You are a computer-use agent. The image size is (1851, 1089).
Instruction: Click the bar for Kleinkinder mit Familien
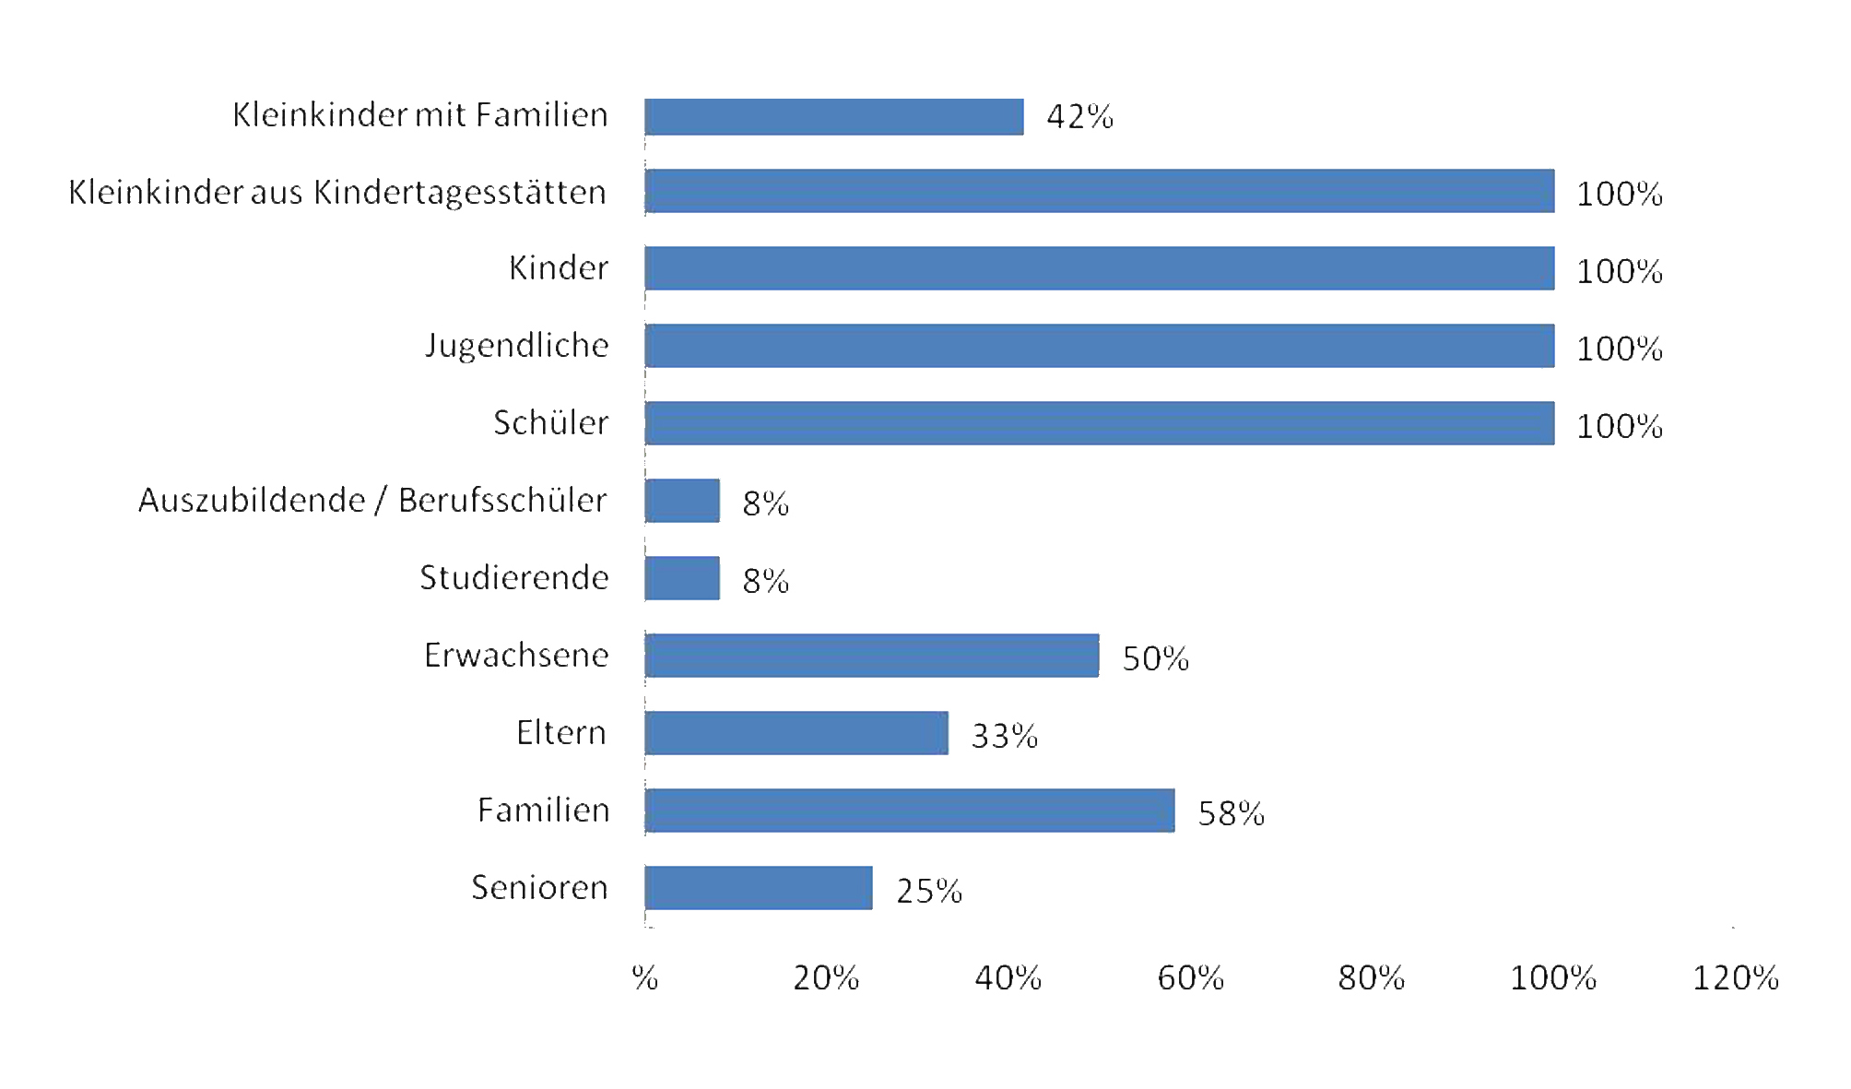[834, 117]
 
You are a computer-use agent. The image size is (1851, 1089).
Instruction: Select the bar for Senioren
[759, 888]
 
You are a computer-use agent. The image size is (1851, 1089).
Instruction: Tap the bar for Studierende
[682, 578]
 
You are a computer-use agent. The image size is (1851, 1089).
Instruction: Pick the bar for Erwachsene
[872, 656]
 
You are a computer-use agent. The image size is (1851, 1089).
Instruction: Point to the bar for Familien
[910, 811]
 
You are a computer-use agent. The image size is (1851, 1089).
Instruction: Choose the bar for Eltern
[796, 733]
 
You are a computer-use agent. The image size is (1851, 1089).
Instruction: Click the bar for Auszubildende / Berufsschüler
[682, 501]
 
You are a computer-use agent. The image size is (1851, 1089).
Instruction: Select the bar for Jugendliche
[1100, 346]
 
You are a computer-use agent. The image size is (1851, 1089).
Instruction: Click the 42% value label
[1079, 117]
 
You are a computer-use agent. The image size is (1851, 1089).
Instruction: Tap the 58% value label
[1231, 813]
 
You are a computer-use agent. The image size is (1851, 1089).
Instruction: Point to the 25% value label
[929, 891]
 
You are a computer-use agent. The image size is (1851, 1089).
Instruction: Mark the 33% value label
[1004, 736]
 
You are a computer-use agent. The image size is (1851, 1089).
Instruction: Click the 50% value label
[1155, 658]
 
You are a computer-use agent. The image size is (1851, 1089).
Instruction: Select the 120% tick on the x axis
[1735, 978]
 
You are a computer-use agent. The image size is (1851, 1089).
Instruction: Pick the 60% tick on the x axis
[1190, 978]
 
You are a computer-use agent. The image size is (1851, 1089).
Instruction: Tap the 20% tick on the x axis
[826, 978]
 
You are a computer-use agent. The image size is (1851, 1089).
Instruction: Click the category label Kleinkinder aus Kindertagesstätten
[337, 193]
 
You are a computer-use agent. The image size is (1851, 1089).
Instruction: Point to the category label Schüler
[550, 423]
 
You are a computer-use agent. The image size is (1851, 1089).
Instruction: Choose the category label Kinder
[559, 268]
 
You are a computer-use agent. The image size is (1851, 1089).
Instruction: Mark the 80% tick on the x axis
[1371, 978]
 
